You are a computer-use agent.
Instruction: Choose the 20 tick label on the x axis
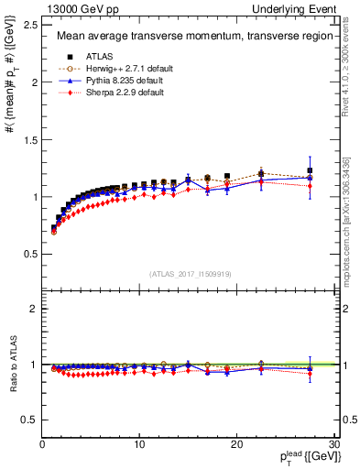coord(236,445)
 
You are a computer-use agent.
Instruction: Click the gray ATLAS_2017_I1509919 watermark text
coord(189,272)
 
